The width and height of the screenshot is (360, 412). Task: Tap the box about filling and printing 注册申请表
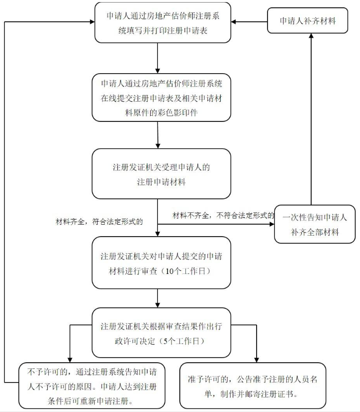point(163,23)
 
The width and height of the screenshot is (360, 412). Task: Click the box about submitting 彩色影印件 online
point(162,98)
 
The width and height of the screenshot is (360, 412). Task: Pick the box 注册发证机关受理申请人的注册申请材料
point(162,174)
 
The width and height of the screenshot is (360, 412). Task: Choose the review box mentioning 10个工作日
point(162,263)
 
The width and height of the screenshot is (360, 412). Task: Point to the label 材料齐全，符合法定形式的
point(100,221)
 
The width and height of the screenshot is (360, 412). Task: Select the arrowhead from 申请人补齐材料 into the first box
point(234,22)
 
